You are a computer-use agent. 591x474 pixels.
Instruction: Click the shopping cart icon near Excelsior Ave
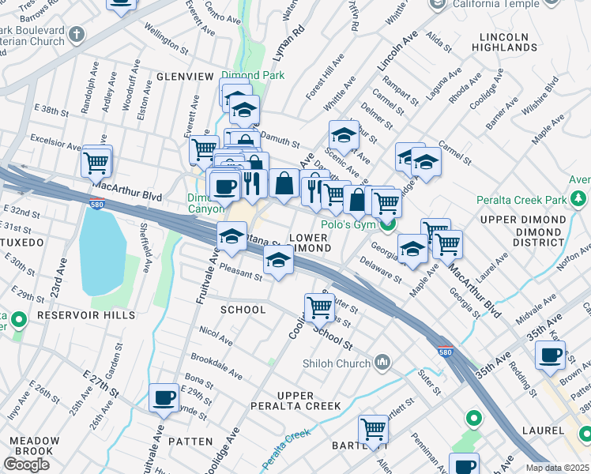click(96, 163)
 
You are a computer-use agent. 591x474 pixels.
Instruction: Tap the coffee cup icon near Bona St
click(164, 397)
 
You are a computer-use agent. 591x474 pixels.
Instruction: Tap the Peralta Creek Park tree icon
click(579, 197)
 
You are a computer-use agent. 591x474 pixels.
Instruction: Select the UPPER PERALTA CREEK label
click(309, 401)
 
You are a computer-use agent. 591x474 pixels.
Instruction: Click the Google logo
click(26, 465)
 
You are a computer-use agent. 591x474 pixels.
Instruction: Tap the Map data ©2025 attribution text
click(558, 468)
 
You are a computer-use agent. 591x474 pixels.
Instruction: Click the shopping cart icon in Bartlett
click(373, 430)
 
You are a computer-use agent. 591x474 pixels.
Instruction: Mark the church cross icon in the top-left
click(77, 34)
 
